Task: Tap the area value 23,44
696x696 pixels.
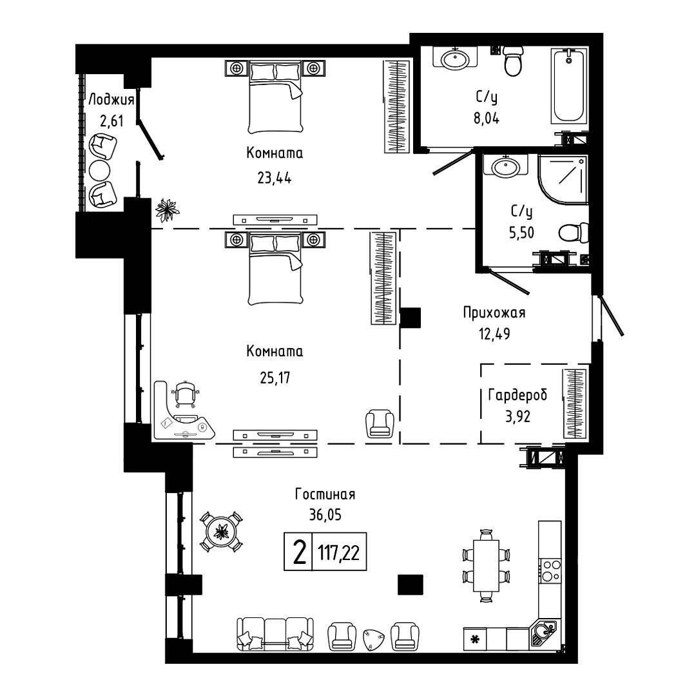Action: tap(275, 178)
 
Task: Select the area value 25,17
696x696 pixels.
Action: tap(275, 378)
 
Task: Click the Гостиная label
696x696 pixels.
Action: tap(325, 494)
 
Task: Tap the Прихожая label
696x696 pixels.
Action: tap(494, 313)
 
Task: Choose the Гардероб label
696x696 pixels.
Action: tap(517, 395)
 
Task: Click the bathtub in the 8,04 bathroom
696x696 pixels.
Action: tap(569, 86)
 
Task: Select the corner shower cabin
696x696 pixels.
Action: tap(563, 179)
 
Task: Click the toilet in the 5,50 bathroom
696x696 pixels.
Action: tap(573, 233)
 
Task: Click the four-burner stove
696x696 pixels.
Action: tap(550, 570)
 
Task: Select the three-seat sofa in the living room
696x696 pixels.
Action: tap(275, 634)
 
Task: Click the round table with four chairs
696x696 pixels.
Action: tap(220, 531)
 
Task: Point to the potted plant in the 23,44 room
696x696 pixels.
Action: tap(167, 209)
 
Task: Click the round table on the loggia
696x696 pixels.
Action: tap(99, 170)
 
